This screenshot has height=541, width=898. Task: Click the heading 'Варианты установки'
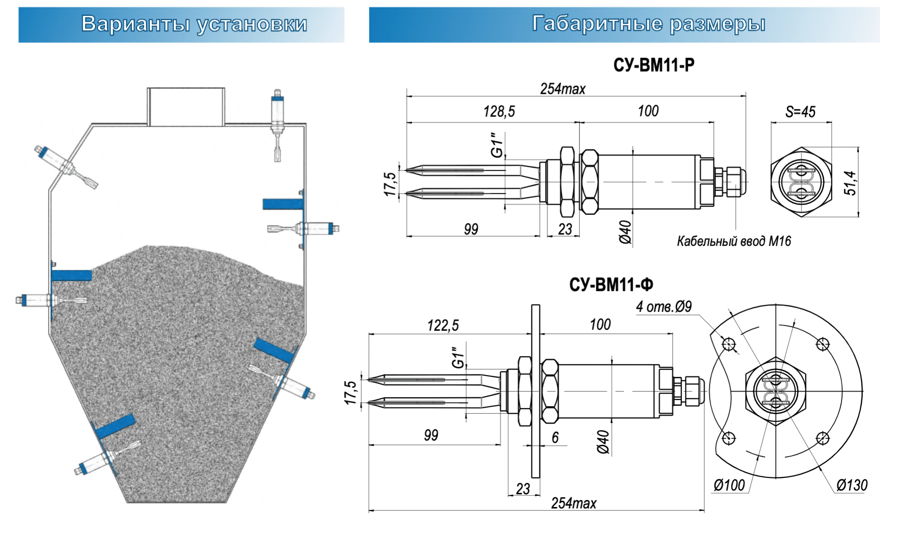[194, 24]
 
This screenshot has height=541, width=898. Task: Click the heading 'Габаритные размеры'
[648, 24]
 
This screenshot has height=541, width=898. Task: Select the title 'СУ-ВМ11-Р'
[653, 65]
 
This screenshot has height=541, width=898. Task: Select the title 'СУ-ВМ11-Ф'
[611, 285]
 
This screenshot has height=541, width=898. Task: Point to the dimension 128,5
[499, 112]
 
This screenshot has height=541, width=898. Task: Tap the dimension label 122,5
[442, 325]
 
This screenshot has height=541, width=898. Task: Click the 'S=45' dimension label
[800, 112]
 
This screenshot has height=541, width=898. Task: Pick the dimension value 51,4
[850, 183]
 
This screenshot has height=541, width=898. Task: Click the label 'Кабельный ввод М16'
[734, 241]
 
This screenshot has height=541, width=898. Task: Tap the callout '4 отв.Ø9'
[663, 307]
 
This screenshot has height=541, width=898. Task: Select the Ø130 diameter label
[852, 485]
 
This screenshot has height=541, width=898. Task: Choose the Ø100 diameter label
[729, 485]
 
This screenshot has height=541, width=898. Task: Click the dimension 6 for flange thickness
[555, 437]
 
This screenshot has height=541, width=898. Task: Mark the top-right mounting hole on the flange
[823, 344]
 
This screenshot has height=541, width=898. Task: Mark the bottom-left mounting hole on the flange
[729, 438]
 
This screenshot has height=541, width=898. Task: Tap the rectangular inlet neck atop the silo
[186, 107]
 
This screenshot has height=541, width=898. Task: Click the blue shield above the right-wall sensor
[283, 204]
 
